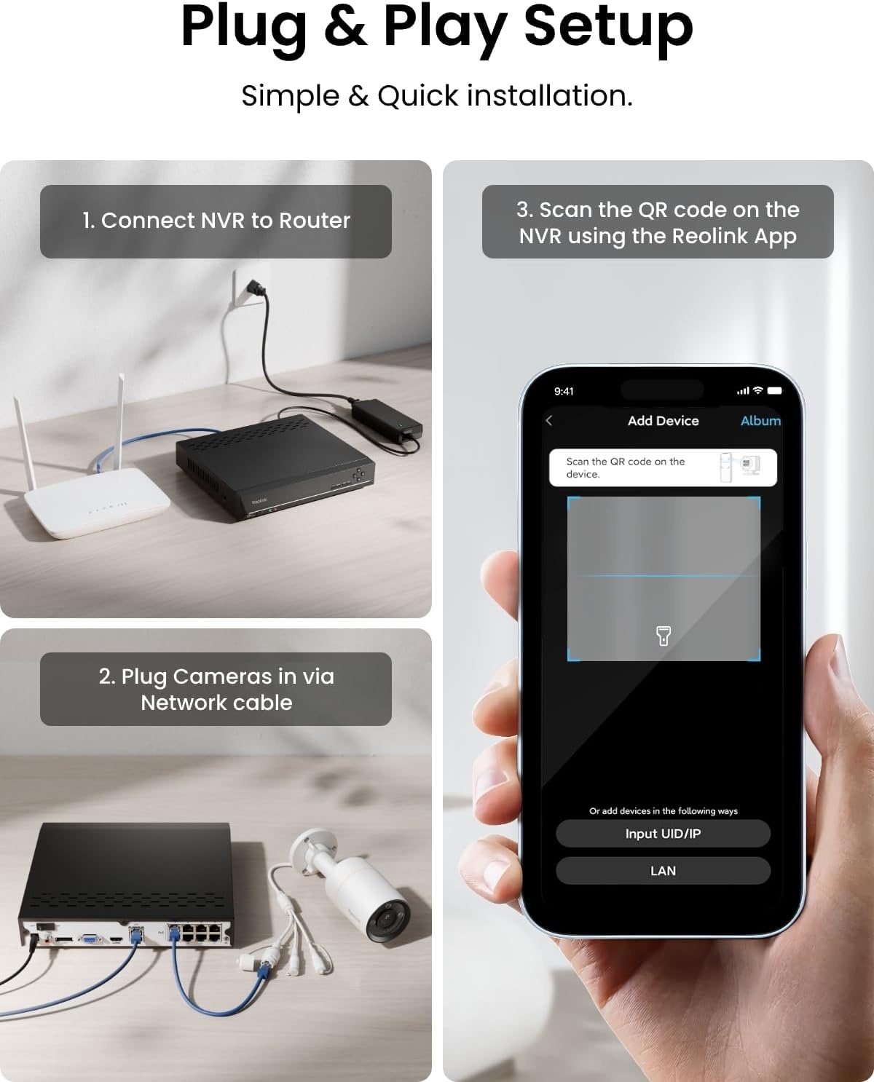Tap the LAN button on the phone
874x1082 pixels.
[x=663, y=871]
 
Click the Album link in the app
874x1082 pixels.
[x=760, y=421]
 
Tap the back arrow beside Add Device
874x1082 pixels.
[x=548, y=421]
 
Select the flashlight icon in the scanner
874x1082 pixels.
[x=663, y=636]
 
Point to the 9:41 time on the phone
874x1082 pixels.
[x=564, y=391]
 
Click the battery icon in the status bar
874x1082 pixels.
[x=774, y=390]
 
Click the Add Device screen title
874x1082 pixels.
[x=663, y=421]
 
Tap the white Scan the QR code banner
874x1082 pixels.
[x=663, y=468]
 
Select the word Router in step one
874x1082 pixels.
[x=315, y=221]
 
